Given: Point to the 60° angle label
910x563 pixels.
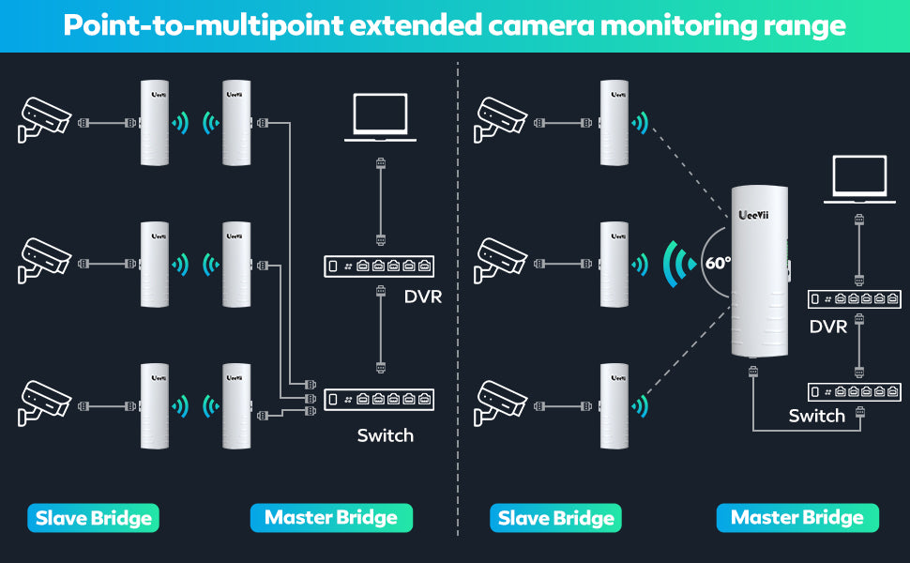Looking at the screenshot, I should click(x=718, y=263).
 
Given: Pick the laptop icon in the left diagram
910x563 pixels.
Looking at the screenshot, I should click(x=379, y=117).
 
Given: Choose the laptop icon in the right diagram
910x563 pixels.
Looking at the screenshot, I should click(x=859, y=180).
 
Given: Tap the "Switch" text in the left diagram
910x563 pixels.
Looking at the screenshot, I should click(x=385, y=435).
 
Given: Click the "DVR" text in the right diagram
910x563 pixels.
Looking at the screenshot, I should click(x=828, y=327).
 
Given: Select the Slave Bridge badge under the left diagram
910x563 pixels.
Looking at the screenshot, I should click(x=93, y=518).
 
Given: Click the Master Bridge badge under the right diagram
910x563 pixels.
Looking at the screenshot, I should click(x=797, y=518).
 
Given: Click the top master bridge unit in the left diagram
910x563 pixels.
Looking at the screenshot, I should click(x=236, y=123).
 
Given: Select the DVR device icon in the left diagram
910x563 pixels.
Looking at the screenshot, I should click(x=380, y=266).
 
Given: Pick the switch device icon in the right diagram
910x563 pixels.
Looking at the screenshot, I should click(x=855, y=391).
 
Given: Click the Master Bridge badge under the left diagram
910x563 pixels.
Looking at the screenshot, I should click(x=331, y=518).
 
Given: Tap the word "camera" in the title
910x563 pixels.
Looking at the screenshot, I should click(x=541, y=25).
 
